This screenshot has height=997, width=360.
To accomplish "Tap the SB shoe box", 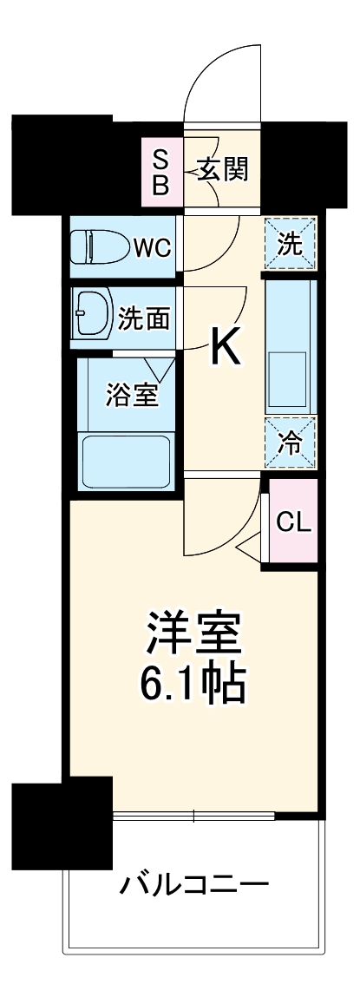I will point(162,170).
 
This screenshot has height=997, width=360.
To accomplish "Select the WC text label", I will point(153,249).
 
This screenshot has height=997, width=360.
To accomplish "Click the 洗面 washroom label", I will point(143,318).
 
